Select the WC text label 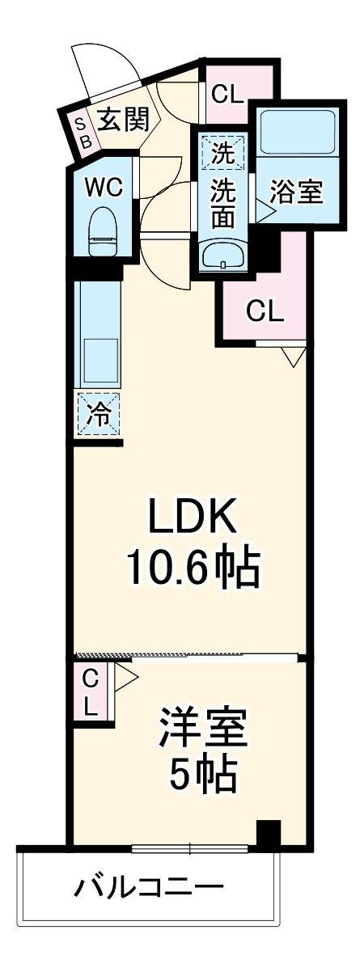click(104, 187)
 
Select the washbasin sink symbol click(222, 256)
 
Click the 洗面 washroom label click(223, 205)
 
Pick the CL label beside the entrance click(227, 94)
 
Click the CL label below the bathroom click(265, 311)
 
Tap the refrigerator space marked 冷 click(98, 415)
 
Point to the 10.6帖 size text click(192, 569)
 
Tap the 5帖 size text click(201, 777)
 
